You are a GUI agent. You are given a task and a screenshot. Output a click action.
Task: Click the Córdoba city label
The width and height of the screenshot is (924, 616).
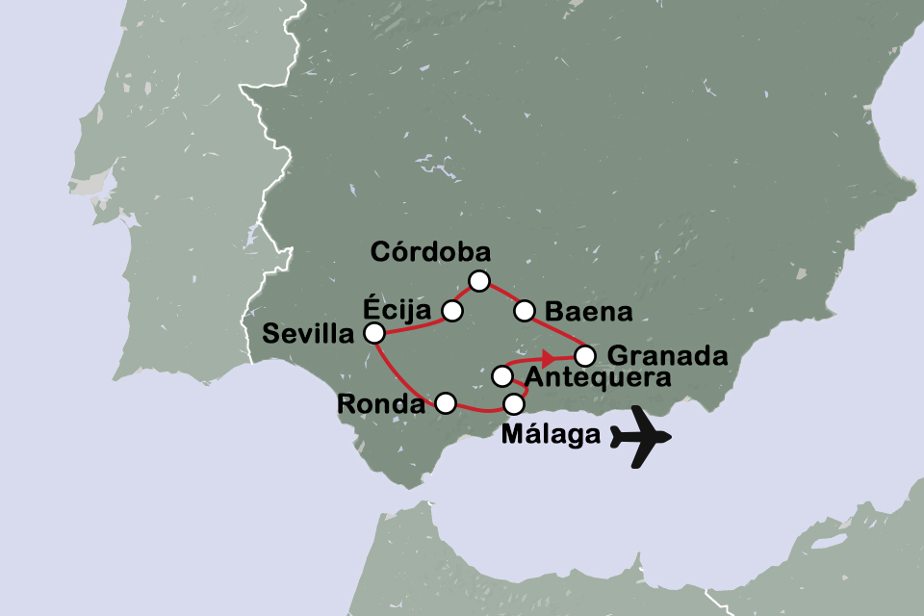pyautogui.click(x=431, y=253)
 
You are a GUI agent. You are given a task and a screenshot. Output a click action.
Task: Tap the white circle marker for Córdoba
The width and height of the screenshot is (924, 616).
pyautogui.click(x=478, y=280)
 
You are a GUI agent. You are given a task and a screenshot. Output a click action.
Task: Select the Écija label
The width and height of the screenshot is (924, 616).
pyautogui.click(x=395, y=309)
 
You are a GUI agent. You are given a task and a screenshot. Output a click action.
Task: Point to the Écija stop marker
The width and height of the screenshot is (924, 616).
pyautogui.click(x=451, y=310)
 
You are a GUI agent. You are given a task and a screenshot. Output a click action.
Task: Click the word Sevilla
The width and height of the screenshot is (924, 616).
pyautogui.click(x=307, y=335)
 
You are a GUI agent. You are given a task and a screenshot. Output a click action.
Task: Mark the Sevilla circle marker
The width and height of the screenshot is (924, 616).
pyautogui.click(x=373, y=333)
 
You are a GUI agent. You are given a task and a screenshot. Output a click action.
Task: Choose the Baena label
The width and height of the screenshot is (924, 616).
pyautogui.click(x=587, y=312)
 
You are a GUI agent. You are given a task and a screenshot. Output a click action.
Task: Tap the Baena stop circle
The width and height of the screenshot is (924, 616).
pyautogui.click(x=525, y=310)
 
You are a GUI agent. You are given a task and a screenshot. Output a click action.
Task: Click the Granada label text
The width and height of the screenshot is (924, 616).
pyautogui.click(x=666, y=355)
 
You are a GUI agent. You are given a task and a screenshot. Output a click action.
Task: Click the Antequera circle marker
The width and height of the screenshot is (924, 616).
pyautogui.click(x=501, y=375)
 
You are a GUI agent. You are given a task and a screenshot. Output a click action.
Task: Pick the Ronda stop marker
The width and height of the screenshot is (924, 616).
pyautogui.click(x=445, y=403)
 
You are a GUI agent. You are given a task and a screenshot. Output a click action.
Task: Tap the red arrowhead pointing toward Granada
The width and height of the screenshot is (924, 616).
pyautogui.click(x=547, y=358)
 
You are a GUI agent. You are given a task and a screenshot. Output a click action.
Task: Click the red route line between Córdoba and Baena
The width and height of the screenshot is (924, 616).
pyautogui.click(x=501, y=295)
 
